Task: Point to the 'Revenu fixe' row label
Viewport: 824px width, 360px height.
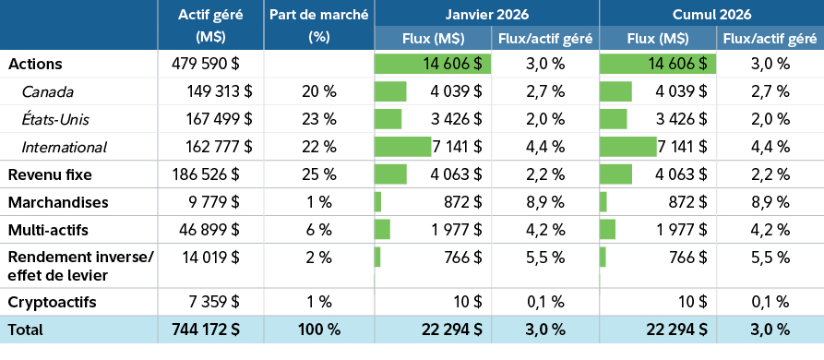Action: [50, 174]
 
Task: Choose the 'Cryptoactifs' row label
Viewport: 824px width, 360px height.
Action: [52, 302]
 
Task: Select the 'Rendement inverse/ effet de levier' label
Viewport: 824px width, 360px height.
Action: [80, 265]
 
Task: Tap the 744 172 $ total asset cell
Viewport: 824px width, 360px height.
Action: [211, 330]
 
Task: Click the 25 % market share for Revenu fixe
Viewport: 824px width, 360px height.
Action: [319, 174]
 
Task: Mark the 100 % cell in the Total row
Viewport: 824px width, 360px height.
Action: [319, 330]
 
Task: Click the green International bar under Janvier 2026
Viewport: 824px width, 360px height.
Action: [402, 147]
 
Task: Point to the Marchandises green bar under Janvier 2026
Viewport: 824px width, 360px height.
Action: [377, 202]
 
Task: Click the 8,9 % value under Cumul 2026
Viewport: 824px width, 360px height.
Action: [770, 202]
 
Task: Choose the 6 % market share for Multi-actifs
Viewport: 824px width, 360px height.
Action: [319, 230]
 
